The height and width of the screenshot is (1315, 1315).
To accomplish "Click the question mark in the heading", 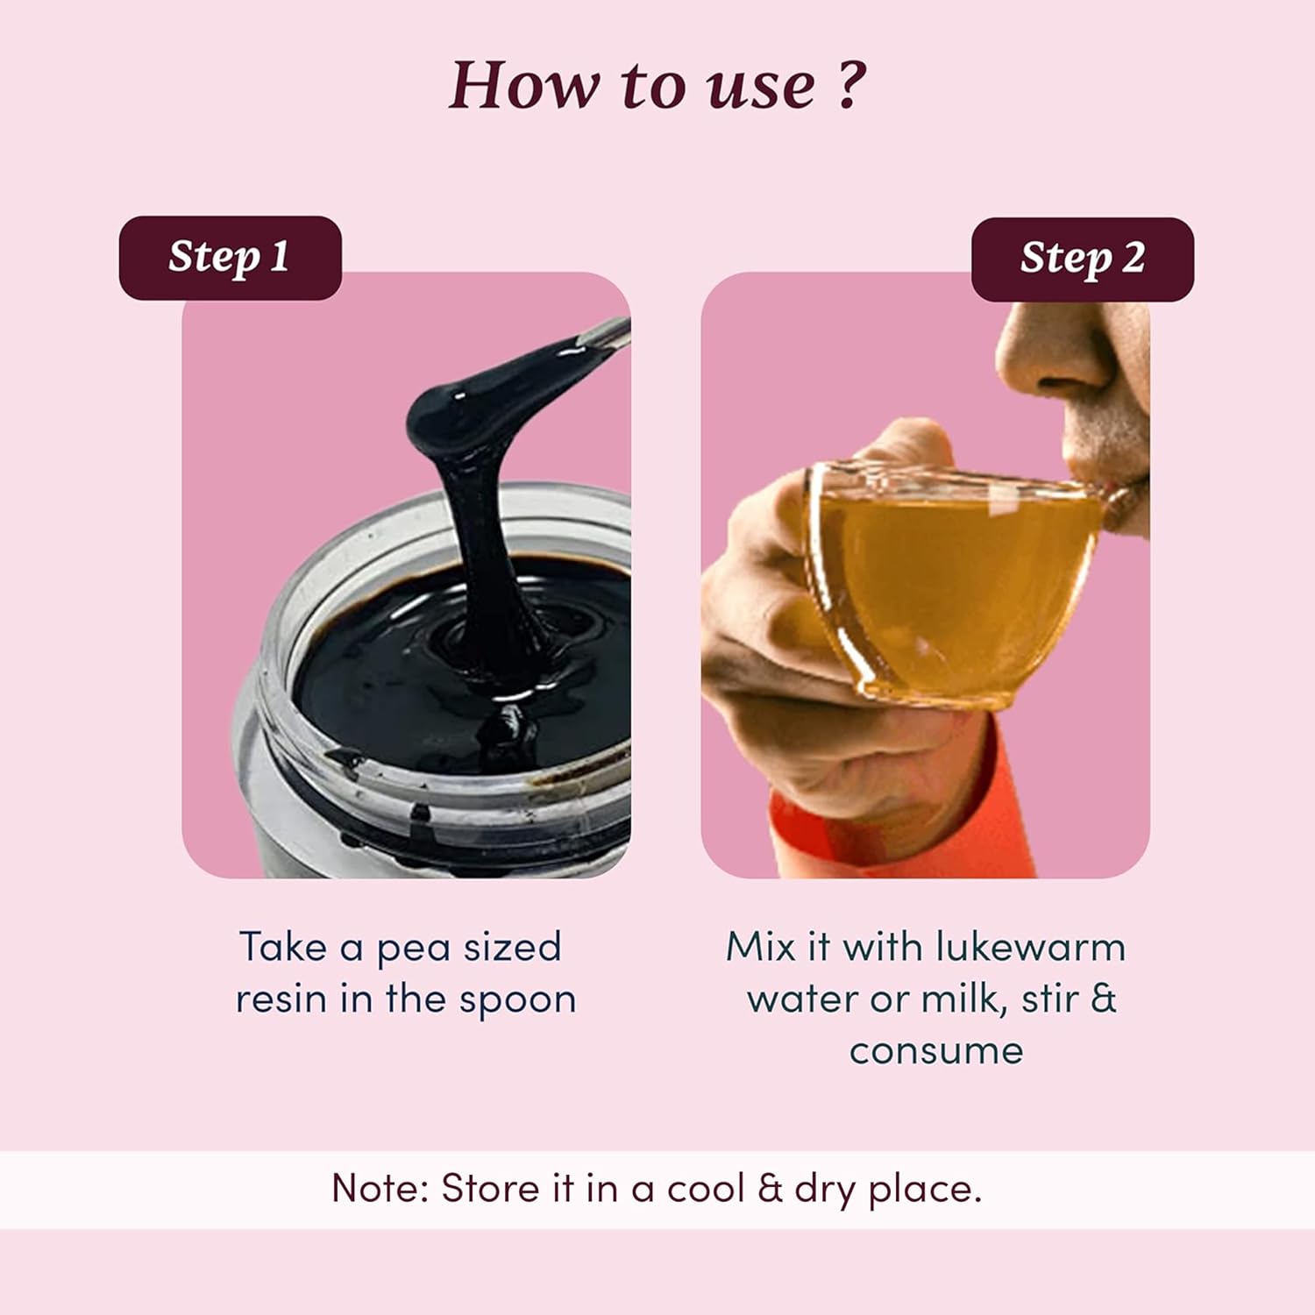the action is tap(849, 84).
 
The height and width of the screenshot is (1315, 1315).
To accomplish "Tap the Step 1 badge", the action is tap(230, 258).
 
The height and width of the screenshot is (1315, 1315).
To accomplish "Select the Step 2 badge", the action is tap(1083, 259).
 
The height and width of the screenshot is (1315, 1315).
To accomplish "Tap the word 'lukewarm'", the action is tap(1030, 947).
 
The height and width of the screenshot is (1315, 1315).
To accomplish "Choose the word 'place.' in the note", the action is tap(925, 1191).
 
